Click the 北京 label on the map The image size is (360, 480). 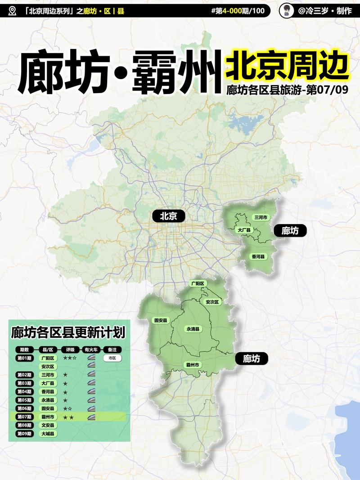tap(169, 216)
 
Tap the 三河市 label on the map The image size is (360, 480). tap(261, 217)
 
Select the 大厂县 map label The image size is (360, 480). tap(244, 230)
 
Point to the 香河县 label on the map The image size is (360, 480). tap(258, 256)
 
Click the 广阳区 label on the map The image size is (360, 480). tap(198, 283)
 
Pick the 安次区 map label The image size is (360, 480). tap(211, 302)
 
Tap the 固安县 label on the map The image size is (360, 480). tap(161, 320)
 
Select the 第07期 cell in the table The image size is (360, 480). tap(24, 417)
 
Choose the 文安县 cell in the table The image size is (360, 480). tap(48, 425)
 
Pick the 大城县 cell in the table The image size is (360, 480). tap(48, 434)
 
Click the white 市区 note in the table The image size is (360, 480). tap(112, 358)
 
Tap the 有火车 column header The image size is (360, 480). tap(91, 350)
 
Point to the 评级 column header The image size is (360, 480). tap(70, 350)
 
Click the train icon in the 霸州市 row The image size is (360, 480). tap(91, 417)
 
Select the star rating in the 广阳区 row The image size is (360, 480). tap(70, 358)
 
